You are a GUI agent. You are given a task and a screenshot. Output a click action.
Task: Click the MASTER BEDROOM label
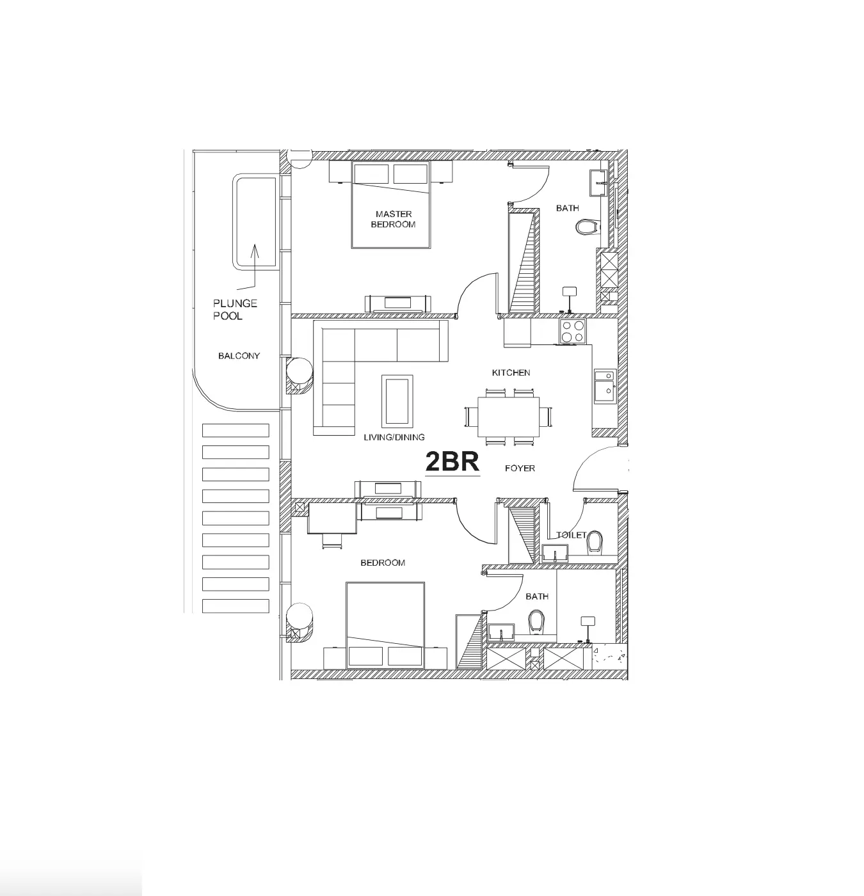point(393,219)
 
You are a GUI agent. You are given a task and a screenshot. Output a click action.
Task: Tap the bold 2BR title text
point(452,461)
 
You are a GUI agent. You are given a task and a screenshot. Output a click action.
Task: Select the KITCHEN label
point(511,372)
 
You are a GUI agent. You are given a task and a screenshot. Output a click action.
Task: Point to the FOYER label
point(520,468)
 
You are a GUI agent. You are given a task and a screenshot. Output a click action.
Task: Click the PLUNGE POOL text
point(235,309)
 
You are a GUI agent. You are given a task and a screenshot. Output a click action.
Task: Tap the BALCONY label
point(239,356)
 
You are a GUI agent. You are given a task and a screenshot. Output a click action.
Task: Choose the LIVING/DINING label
point(394,437)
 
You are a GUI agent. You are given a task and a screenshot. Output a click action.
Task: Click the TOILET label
point(571,535)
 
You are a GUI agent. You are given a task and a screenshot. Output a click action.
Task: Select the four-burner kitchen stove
point(572,332)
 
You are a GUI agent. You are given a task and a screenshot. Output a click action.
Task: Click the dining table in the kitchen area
point(508,417)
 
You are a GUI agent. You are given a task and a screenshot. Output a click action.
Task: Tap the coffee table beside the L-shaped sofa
point(397,401)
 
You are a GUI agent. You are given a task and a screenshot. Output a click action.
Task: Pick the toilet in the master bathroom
point(588,227)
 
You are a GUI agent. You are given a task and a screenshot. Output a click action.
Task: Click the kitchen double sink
point(605,386)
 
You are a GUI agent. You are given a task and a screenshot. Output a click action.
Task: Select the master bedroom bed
point(390,204)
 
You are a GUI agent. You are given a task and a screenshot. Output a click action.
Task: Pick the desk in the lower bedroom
point(332,518)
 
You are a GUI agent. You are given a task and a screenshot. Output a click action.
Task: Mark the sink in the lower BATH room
point(500,632)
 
